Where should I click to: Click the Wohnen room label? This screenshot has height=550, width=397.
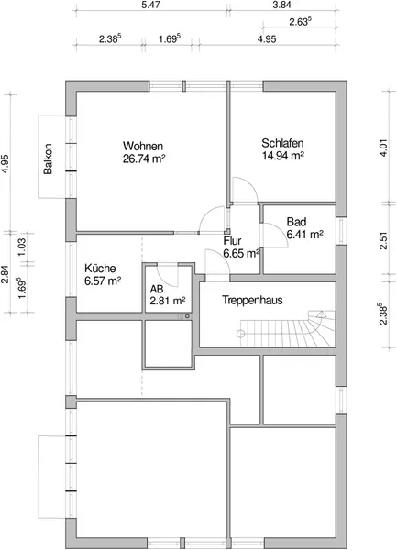click(143, 146)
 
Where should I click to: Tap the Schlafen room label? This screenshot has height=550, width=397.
click(282, 143)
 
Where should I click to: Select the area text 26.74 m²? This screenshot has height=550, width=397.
click(144, 159)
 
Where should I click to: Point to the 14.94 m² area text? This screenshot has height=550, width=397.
click(282, 156)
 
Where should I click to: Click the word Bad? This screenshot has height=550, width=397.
click(296, 222)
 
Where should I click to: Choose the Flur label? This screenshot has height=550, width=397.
click(232, 240)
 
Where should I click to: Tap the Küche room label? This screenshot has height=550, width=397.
click(100, 269)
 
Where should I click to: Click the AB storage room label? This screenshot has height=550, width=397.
click(157, 289)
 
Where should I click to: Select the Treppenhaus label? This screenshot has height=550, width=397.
click(252, 301)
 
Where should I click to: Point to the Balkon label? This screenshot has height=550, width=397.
click(48, 159)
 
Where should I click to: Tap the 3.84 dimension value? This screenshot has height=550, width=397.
click(281, 5)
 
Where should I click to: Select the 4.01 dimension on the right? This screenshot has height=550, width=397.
click(384, 148)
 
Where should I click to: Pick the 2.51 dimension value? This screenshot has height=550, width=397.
click(384, 240)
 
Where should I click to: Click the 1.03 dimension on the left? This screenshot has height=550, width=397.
click(22, 247)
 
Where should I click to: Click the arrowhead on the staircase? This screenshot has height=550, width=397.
click(321, 313)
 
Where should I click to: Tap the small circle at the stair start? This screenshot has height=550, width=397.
click(240, 334)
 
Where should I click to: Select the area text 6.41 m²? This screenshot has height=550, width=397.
click(304, 235)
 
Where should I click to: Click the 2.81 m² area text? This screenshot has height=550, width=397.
click(168, 302)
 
